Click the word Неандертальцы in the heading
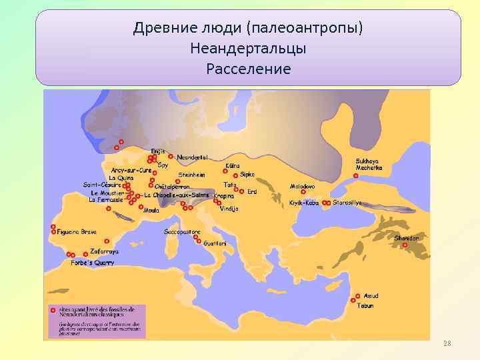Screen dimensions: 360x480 click(248, 49)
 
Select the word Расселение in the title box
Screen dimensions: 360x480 click(248, 69)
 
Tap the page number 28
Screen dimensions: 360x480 click(447, 343)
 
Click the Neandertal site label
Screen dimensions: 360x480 click(193, 157)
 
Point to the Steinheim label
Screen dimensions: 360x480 click(191, 175)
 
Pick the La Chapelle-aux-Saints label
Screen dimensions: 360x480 click(177, 195)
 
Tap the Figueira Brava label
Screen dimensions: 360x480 click(77, 232)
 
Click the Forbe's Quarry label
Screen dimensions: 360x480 click(93, 263)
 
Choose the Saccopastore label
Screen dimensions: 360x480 click(181, 232)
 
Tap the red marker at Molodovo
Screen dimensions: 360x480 click(303, 192)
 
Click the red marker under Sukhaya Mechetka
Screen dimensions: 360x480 click(355, 176)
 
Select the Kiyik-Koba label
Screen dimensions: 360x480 click(304, 203)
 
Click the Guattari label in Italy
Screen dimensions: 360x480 click(215, 243)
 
